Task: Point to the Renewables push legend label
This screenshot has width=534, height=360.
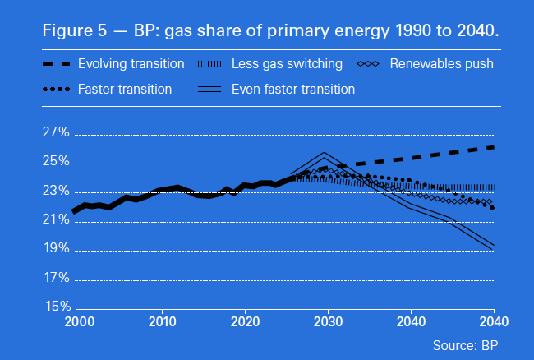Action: [441, 63]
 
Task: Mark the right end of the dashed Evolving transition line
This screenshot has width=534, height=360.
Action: [492, 146]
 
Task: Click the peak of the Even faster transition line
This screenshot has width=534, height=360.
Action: [325, 155]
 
